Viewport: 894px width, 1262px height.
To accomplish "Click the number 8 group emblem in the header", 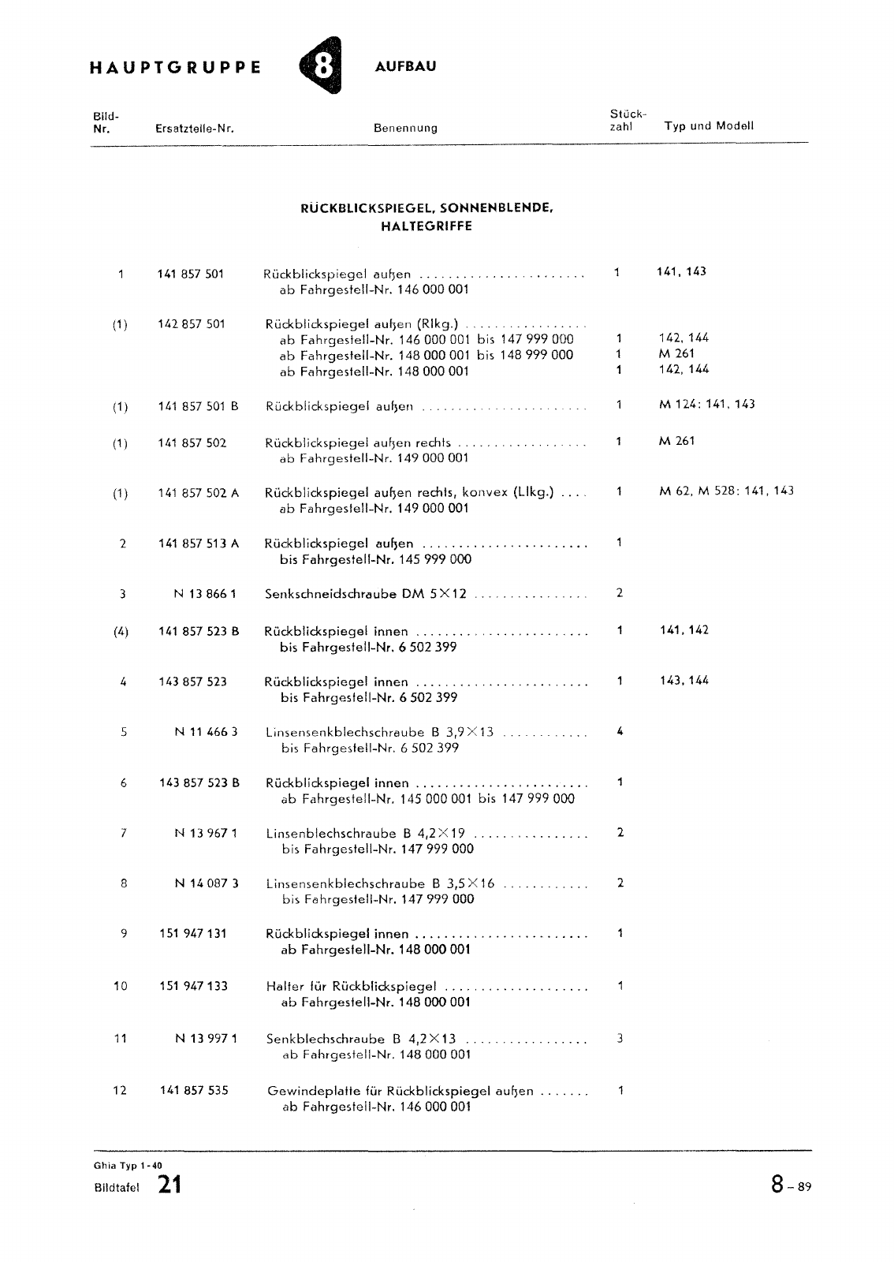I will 322,66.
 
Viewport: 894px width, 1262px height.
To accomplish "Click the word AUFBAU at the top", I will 405,66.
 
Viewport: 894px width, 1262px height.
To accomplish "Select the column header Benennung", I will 405,128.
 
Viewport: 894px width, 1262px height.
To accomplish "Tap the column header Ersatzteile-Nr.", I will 195,128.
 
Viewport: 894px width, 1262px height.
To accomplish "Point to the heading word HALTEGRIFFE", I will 426,226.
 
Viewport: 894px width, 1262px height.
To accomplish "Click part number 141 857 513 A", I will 198,543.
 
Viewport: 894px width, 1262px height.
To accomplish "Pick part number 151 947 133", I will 192,986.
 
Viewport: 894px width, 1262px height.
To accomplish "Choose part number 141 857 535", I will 193,1091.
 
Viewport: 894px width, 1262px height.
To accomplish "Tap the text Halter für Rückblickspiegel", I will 351,986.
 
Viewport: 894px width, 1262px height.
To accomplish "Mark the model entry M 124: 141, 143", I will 706,405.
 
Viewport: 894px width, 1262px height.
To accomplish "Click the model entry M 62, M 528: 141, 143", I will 726,491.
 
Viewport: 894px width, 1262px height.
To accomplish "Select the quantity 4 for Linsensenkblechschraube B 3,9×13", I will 620,731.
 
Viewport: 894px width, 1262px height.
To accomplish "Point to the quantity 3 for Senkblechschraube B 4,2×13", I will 620,1038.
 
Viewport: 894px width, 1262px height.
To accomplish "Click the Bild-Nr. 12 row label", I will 120,1091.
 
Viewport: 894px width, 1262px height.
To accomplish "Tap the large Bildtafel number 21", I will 169,1185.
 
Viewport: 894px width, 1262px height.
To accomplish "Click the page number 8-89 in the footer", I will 790,1185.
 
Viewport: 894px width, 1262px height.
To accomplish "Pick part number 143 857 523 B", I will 199,783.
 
